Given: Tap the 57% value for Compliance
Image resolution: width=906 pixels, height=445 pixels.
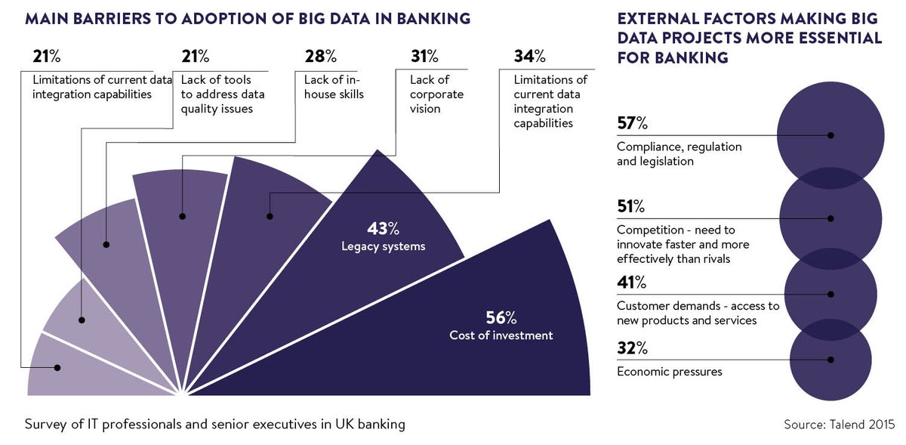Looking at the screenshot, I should pos(632,123).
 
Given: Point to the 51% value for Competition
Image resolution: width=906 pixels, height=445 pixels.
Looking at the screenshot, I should pos(631,206).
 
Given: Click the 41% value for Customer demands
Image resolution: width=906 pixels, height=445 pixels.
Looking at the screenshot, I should pos(631,283).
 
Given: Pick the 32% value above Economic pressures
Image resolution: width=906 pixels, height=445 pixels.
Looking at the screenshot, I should pos(632,349).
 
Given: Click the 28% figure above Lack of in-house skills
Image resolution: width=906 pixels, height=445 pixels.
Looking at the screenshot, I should pos(320,57).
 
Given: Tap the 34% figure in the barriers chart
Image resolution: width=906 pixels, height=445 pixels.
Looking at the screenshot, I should pos(530,57).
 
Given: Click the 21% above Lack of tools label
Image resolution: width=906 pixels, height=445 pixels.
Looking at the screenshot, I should pos(197,57).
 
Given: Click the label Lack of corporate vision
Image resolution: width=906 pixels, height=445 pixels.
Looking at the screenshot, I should pos(436,94).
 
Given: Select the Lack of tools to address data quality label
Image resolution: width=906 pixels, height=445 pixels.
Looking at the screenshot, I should pos(217,94).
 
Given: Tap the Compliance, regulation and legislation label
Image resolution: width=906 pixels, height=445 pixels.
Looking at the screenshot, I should pos(679,153).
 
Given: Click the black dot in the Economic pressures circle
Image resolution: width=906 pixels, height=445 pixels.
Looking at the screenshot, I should pos(830,360).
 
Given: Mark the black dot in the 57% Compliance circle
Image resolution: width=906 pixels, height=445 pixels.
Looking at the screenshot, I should pos(830,135).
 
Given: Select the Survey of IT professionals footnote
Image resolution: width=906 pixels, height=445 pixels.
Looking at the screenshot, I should pos(215,424).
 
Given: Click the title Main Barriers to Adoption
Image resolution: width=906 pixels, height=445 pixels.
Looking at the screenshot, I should pos(248,18).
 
